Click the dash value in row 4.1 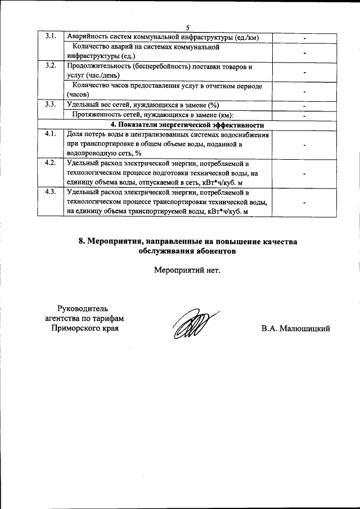coord(304,145)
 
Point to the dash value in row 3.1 coord(304,38)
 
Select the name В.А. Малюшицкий coord(295,328)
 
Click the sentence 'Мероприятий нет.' coord(188,270)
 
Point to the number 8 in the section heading coord(82,241)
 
